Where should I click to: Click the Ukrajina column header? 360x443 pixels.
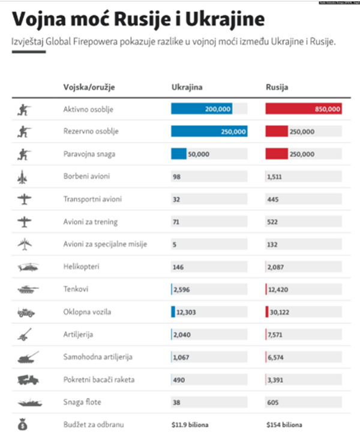coord(187,88)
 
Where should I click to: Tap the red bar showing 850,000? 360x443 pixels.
coord(304,109)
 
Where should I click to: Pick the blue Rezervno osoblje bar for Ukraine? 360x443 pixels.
coord(209,132)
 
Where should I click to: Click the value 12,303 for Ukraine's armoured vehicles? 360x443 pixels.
coord(184,312)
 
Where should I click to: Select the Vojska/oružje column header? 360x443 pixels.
coord(88,88)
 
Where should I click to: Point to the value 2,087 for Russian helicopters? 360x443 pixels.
coord(275,267)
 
